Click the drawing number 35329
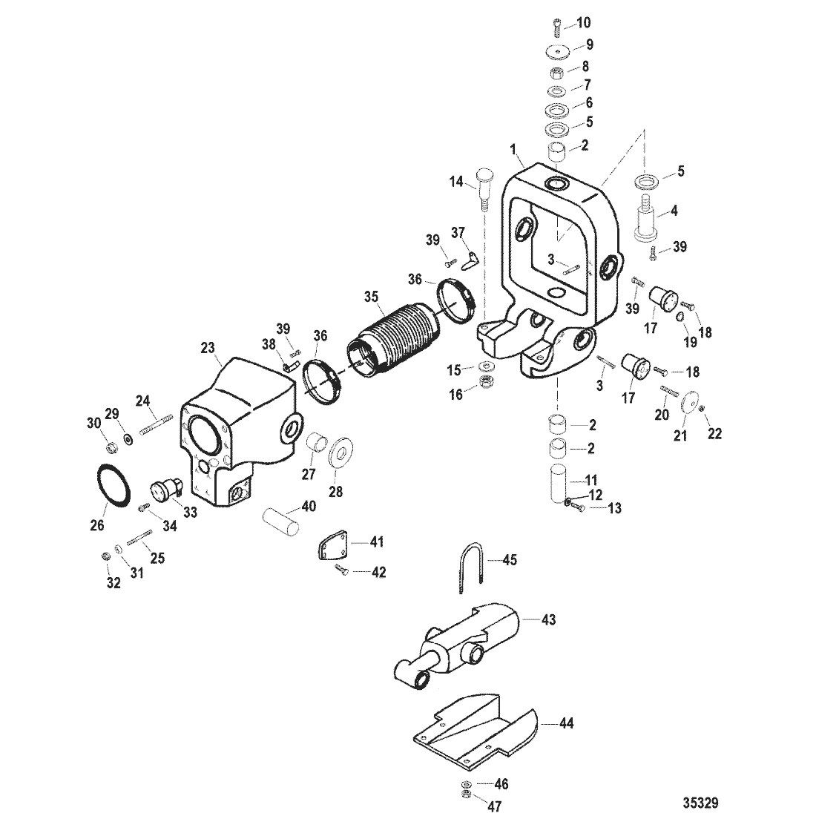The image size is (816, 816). pyautogui.click(x=700, y=803)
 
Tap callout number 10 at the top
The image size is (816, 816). pyautogui.click(x=583, y=23)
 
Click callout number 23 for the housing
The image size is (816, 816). pyautogui.click(x=208, y=348)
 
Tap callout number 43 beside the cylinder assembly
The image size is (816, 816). pyautogui.click(x=548, y=620)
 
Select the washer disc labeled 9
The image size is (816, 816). pyautogui.click(x=557, y=53)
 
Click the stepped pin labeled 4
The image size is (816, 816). pyautogui.click(x=648, y=220)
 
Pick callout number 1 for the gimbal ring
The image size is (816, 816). pyautogui.click(x=513, y=150)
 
